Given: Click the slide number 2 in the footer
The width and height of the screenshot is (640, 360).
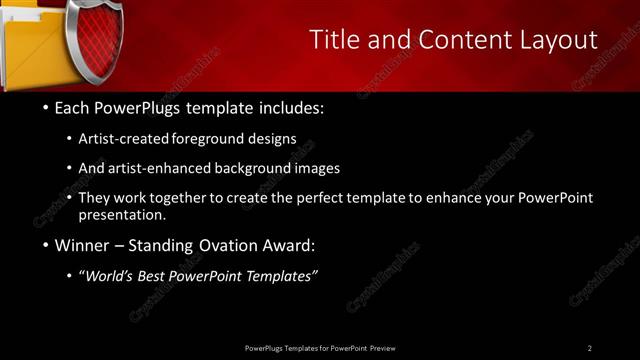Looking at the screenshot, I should coord(589,348).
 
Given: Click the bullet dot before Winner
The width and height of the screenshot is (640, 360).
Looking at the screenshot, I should coord(46,245).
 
